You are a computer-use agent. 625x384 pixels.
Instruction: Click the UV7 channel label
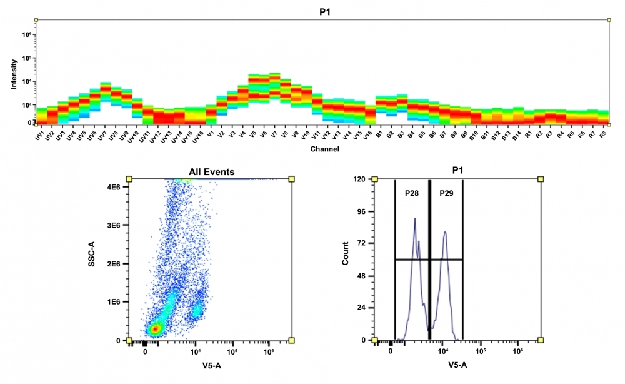tap(103, 136)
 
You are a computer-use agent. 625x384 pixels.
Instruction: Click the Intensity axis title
tap(14, 74)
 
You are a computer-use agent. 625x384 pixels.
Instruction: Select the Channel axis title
tap(324, 149)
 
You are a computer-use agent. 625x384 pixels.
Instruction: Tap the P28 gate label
tap(411, 193)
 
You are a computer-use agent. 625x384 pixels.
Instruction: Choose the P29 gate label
tap(446, 193)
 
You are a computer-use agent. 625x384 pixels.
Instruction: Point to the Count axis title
tap(346, 260)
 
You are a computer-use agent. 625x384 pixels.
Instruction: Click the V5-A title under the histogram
tap(457, 366)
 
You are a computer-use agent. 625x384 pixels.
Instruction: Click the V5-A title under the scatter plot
tap(209, 366)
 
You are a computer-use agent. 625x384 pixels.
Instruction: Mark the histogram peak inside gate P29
tap(445, 232)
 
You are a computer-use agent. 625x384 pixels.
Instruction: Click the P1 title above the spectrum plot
tap(324, 11)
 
